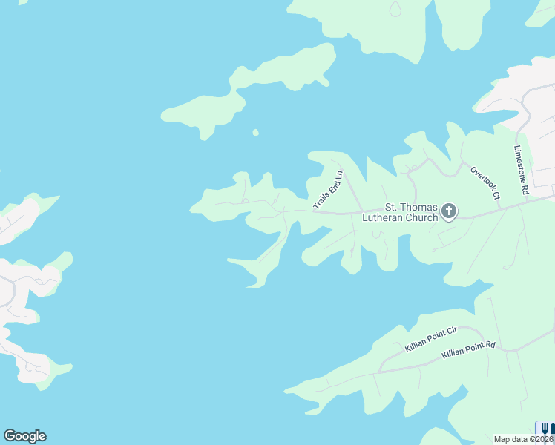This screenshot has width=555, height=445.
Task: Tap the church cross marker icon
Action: (x=448, y=212)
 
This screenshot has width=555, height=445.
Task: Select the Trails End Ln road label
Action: (x=328, y=191)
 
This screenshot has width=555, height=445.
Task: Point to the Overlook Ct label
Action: (x=485, y=182)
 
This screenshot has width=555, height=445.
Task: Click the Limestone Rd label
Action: (x=520, y=170)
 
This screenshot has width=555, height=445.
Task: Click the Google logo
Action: (x=24, y=436)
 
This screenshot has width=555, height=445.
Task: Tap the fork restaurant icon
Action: (x=545, y=428)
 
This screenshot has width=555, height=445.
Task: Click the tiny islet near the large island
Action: (x=255, y=133)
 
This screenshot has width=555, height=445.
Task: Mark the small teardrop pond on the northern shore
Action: (x=395, y=8)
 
